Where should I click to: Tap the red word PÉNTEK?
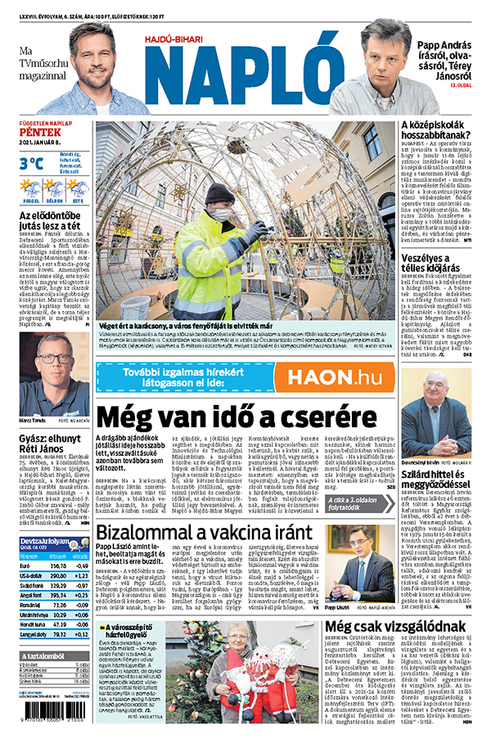(39, 132)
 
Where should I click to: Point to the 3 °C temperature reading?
(31, 163)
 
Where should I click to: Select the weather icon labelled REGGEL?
(30, 189)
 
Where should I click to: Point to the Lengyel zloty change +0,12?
(82, 633)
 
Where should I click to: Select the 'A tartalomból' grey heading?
(46, 654)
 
